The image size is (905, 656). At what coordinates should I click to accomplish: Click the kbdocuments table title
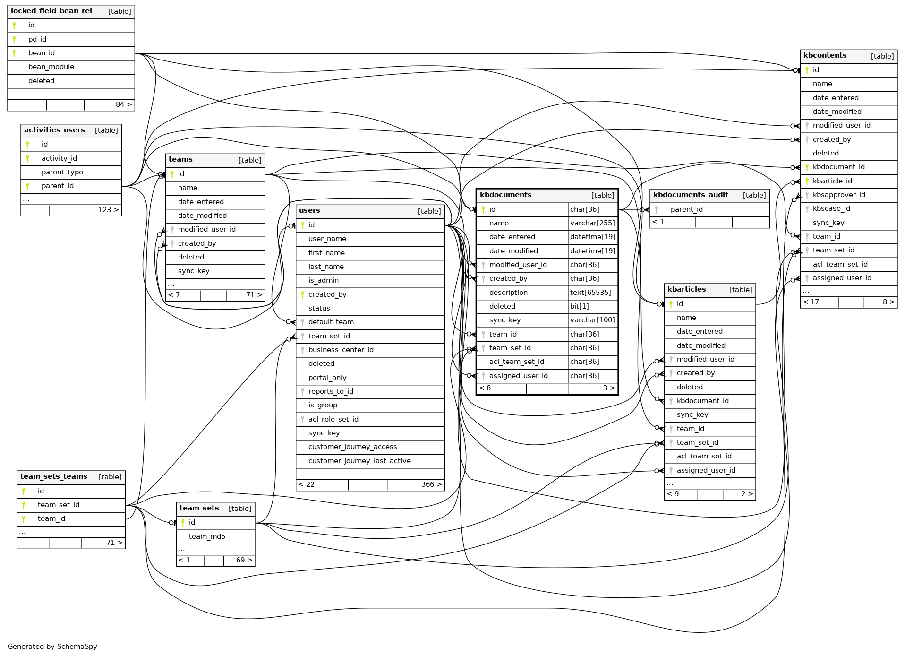(505, 195)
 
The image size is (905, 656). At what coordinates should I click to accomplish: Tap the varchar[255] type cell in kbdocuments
(592, 223)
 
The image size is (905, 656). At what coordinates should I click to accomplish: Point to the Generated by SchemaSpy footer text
(52, 647)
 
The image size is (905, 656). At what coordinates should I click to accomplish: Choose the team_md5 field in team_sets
(207, 536)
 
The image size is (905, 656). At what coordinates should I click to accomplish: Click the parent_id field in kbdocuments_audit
(686, 209)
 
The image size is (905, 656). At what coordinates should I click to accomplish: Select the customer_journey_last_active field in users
(359, 461)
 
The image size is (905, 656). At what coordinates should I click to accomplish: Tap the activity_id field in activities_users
(59, 158)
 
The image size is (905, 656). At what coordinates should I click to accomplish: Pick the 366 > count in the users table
(431, 484)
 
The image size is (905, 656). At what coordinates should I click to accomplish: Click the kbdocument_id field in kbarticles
(702, 401)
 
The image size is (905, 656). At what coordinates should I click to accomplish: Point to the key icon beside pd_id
(14, 39)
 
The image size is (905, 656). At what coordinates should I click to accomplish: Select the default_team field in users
(331, 322)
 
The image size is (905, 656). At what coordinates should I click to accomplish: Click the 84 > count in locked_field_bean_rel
(124, 104)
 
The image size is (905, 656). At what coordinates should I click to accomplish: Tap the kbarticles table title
(686, 289)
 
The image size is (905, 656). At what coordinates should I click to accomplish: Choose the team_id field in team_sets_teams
(51, 518)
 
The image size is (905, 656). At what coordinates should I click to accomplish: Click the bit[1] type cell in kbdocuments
(579, 306)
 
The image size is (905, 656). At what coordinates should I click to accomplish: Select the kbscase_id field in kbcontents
(831, 208)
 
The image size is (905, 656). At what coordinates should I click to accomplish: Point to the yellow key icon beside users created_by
(302, 294)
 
